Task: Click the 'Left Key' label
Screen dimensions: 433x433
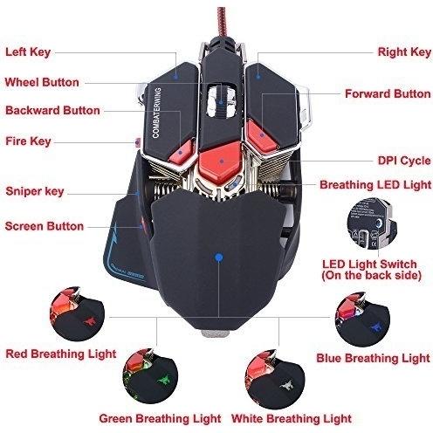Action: [28, 52]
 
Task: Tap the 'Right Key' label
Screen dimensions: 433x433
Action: [404, 52]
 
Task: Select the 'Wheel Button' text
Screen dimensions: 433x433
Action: [42, 82]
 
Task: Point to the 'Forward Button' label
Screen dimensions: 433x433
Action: [388, 94]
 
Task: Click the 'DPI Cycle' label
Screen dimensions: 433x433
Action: [404, 161]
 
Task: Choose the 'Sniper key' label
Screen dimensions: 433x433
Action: [35, 191]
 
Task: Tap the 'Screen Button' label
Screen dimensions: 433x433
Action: [45, 226]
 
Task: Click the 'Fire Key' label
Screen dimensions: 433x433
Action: [28, 141]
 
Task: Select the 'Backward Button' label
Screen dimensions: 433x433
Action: [52, 111]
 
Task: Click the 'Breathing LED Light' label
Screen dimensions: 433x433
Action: [375, 185]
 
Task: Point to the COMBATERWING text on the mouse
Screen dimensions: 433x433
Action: [156, 113]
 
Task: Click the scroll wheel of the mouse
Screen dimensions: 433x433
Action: [221, 100]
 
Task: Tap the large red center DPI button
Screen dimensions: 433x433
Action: [221, 161]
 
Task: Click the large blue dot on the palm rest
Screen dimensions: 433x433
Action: [219, 258]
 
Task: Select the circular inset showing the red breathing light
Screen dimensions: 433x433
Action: [77, 313]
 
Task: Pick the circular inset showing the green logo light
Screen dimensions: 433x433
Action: [150, 375]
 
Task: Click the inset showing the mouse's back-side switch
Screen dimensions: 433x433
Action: [372, 224]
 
